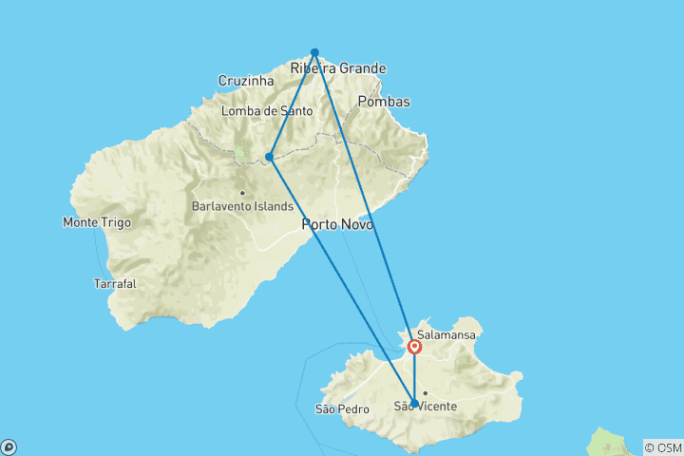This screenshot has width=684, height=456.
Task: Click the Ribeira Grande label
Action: click(338, 68)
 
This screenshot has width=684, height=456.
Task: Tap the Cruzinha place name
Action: click(246, 81)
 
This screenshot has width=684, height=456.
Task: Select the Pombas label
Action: click(385, 102)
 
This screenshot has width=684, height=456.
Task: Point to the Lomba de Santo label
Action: click(267, 111)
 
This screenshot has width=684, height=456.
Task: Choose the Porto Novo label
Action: click(337, 225)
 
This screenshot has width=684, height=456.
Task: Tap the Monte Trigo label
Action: click(97, 222)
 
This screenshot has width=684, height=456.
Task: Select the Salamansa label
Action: click(446, 335)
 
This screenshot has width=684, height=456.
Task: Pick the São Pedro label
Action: click(338, 409)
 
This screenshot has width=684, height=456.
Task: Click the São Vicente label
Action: click(426, 407)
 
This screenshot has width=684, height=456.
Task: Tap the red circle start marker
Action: click(415, 347)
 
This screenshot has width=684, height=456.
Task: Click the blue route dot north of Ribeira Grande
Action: click(314, 52)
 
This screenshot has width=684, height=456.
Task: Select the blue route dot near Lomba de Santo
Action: click(270, 157)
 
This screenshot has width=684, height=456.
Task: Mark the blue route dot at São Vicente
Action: click(414, 404)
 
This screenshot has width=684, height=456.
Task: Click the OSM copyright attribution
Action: click(662, 447)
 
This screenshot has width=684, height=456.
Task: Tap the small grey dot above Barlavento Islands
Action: click(242, 193)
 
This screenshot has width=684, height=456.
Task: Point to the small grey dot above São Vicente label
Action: click(426, 392)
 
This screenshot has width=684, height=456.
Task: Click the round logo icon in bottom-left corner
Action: click(9, 446)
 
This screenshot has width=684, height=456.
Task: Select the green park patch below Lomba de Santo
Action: click(240, 152)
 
